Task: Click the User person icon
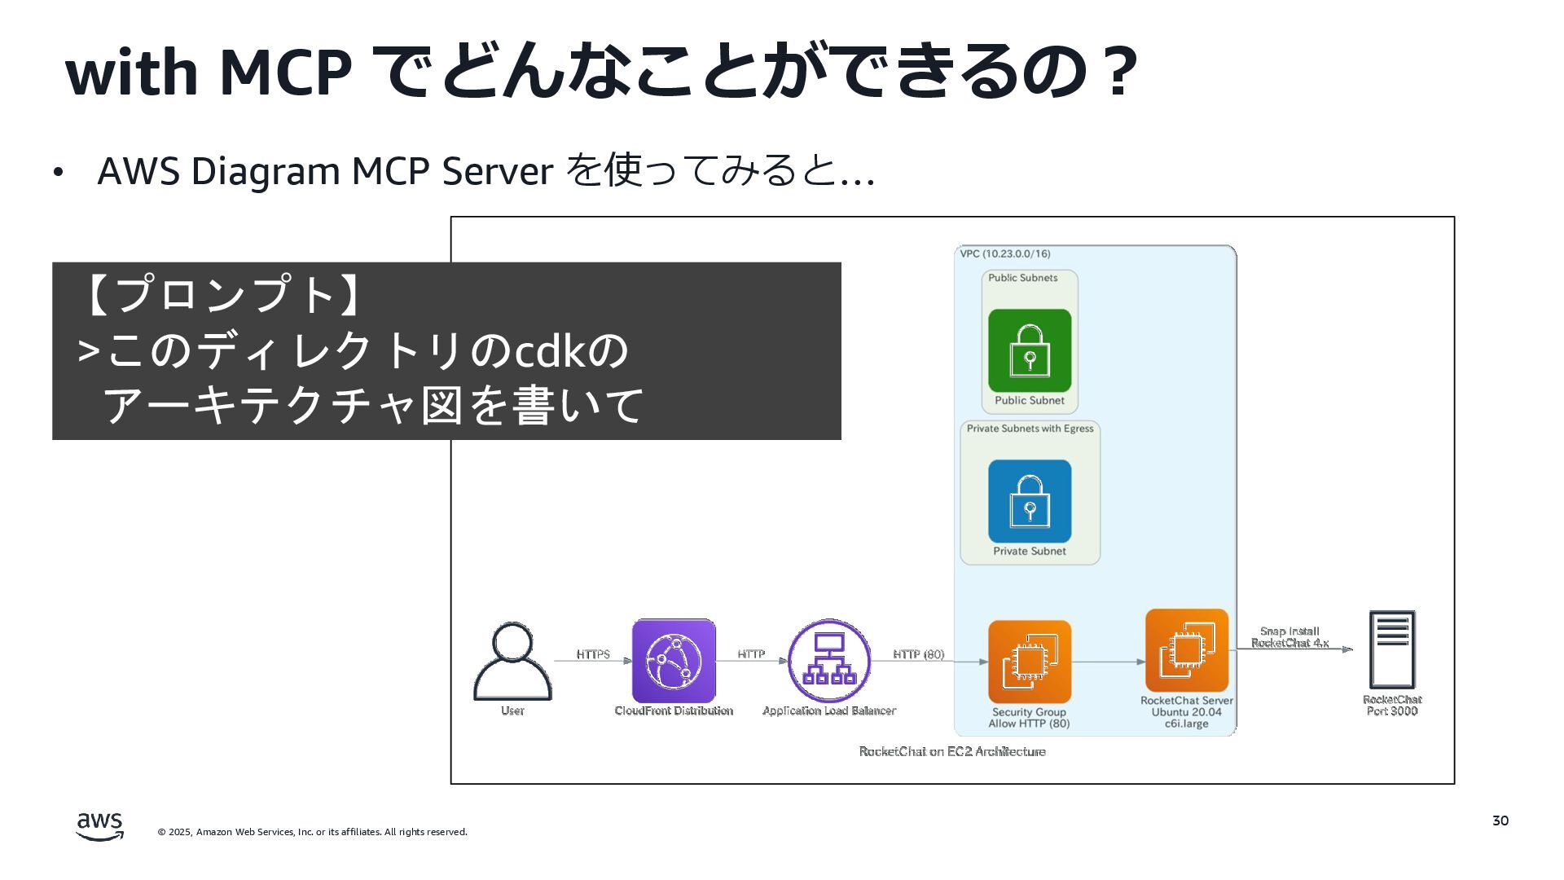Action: point(512,662)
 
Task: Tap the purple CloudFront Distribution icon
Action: point(674,661)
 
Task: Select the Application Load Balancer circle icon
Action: point(829,661)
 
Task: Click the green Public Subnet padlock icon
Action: point(1030,350)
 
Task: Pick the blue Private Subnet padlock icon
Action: point(1030,501)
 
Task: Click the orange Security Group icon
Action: point(1030,662)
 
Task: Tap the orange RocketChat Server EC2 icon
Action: point(1186,650)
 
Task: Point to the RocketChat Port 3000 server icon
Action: point(1392,650)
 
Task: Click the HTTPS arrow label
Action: point(593,654)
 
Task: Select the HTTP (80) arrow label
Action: point(918,654)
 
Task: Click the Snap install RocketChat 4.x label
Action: point(1289,637)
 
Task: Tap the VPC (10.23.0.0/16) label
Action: point(1004,254)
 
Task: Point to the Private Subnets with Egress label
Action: point(1030,429)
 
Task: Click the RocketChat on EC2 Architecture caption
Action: point(952,751)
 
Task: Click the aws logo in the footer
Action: point(100,825)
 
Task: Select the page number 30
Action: point(1500,821)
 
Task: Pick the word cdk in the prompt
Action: point(551,351)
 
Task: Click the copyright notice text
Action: point(313,832)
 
